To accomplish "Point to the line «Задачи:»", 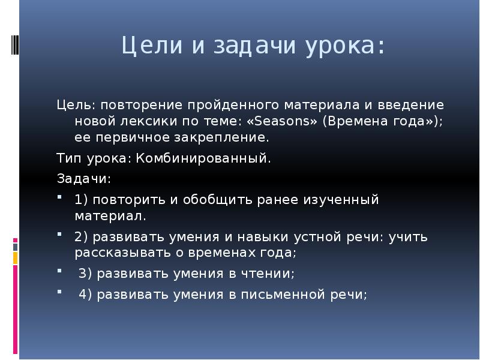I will (83, 179).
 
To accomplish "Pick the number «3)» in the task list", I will (88, 274).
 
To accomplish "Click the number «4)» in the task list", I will (88, 294).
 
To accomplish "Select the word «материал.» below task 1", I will (110, 215).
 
